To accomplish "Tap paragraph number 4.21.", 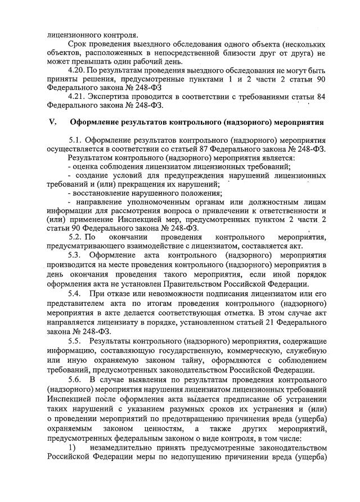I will tap(76, 96).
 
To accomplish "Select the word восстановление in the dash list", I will tap(98, 193).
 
